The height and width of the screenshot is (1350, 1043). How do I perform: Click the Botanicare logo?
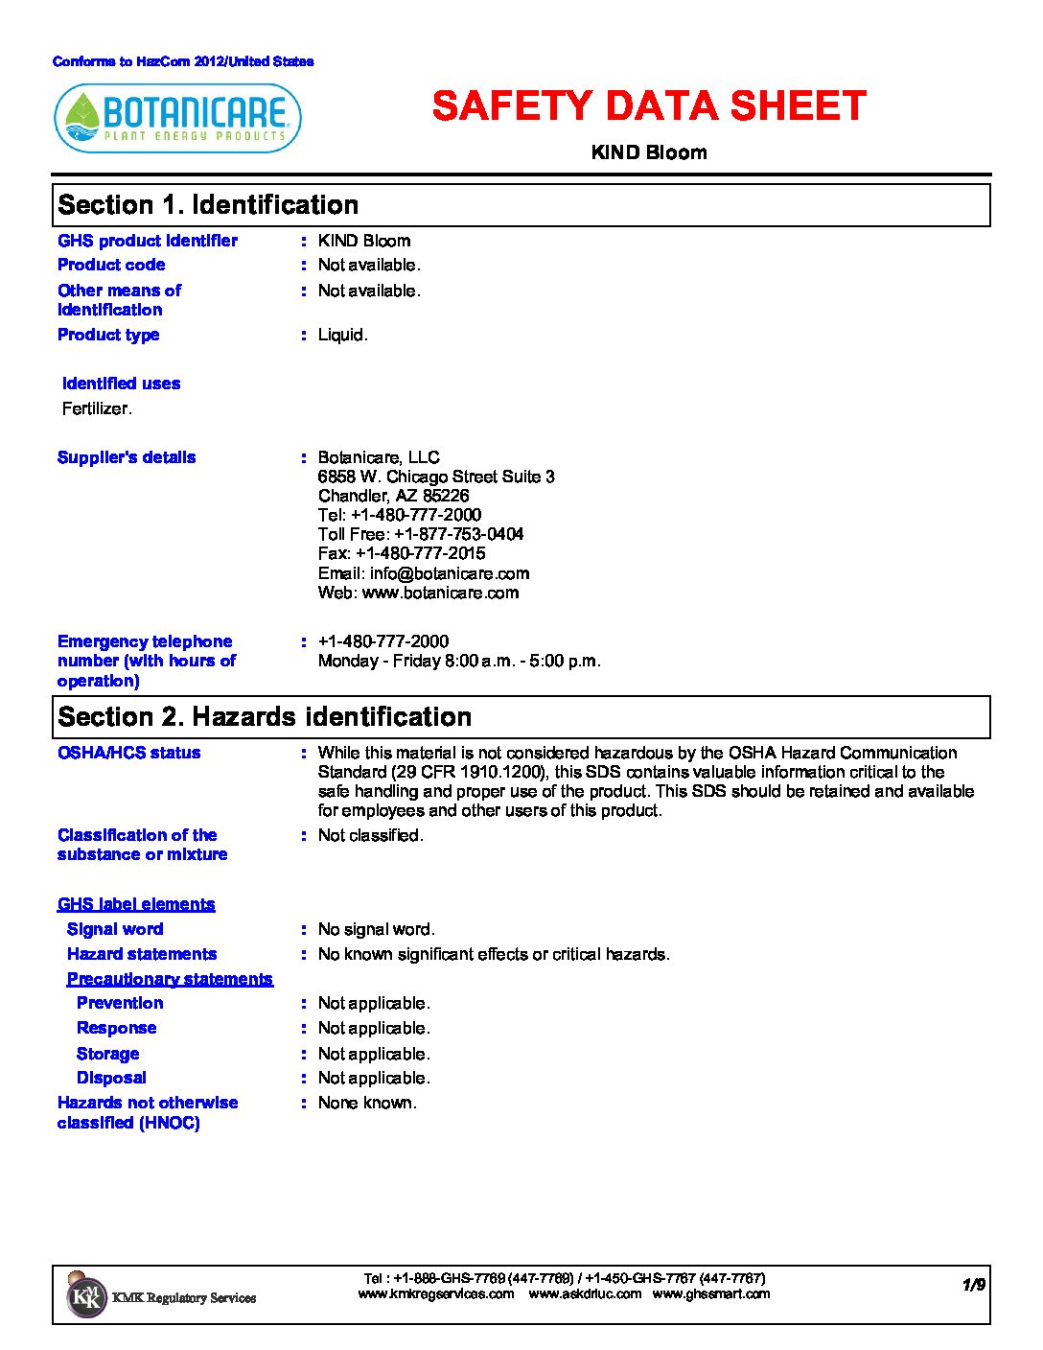coord(178,119)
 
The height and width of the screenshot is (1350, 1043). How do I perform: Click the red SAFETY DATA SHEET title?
coord(649,106)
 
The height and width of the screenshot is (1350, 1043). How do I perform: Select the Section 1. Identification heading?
coord(208,205)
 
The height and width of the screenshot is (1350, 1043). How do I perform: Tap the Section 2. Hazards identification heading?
coord(265,717)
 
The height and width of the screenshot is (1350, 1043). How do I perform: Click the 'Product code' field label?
coord(111,265)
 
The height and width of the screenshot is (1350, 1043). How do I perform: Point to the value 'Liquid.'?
coord(343,335)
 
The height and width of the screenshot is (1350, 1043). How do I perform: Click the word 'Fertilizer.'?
coord(97,408)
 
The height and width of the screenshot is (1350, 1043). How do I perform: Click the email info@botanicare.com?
coord(450,573)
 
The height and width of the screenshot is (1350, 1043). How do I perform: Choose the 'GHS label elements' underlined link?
coord(136,904)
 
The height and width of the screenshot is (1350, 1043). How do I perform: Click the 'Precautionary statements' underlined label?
coord(170,979)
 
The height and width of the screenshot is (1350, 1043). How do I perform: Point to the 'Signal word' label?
coord(115,929)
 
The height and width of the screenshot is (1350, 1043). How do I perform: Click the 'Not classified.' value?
coord(371,835)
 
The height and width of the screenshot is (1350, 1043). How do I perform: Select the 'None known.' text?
coord(367,1103)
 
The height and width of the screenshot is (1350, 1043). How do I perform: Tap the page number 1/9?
coord(974,1285)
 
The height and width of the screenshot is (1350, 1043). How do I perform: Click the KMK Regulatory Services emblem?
coord(86,1296)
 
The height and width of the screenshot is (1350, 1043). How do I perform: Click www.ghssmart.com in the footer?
coord(711,1293)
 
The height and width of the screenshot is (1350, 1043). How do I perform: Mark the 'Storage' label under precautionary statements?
coord(107,1054)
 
